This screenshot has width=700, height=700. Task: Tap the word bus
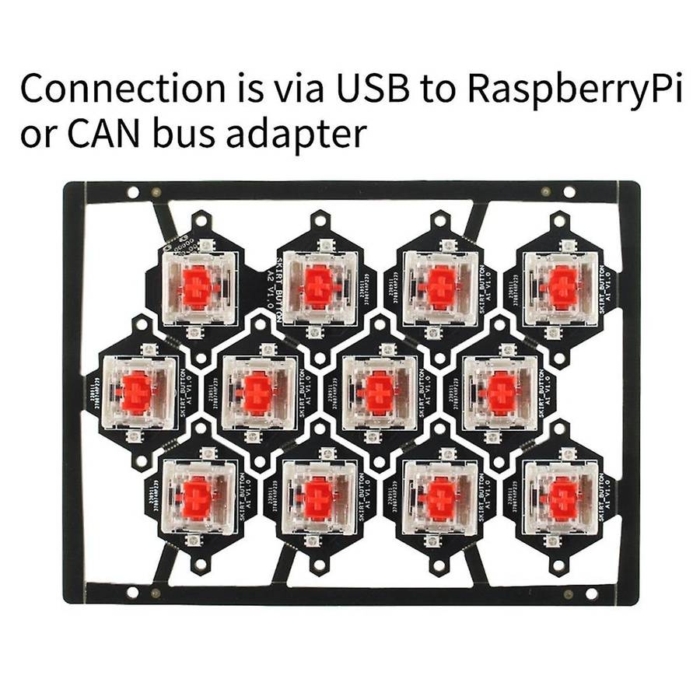205,135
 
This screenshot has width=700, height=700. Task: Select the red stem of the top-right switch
562,286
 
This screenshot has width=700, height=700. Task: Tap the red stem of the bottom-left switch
197,499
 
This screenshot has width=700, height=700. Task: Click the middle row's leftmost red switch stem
137,393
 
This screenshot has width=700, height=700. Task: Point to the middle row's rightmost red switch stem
500,392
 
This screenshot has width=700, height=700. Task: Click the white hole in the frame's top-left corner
133,191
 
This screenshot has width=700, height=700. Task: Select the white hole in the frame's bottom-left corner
132,593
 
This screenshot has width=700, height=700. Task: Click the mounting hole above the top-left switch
200,222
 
